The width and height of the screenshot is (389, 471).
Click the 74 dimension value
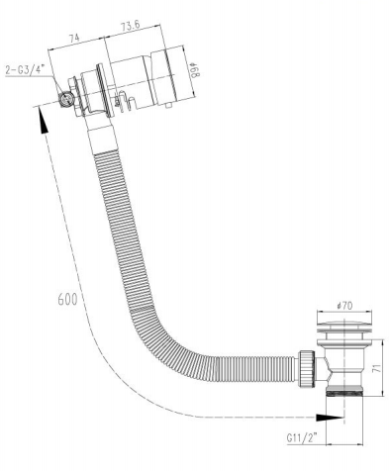74,38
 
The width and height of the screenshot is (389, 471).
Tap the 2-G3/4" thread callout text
25,70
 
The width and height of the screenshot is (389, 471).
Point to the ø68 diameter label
195,70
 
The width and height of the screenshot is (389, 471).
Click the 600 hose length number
68,299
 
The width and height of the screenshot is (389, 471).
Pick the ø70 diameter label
344,306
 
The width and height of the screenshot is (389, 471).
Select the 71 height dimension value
377,368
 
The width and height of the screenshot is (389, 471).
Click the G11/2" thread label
302,438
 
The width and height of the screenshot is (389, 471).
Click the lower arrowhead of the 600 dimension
330,418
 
